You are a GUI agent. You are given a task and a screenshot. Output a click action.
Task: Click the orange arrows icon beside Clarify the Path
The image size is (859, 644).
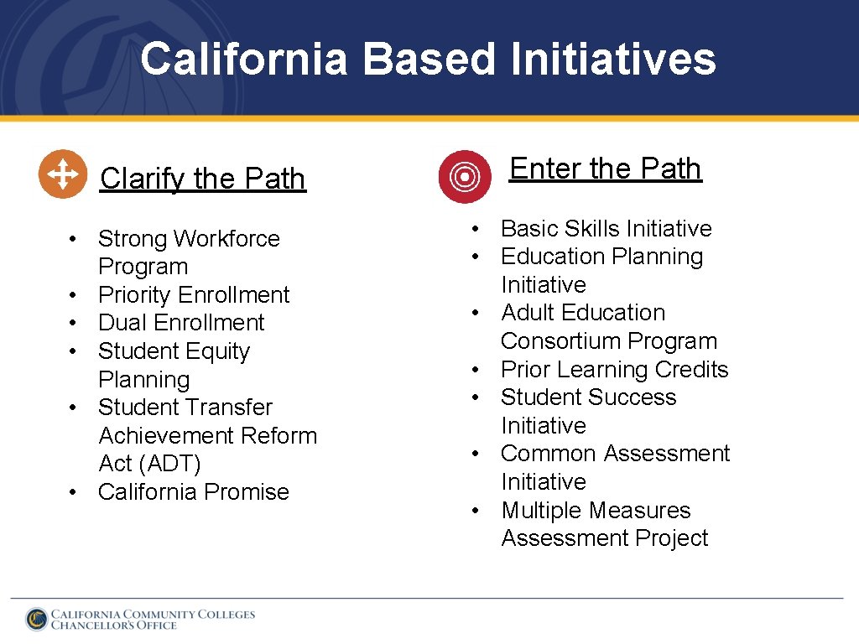coord(63,174)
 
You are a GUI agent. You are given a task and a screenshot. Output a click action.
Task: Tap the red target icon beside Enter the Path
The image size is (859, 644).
coord(465,176)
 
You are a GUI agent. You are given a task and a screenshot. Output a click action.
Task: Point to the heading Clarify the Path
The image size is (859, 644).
coord(202,179)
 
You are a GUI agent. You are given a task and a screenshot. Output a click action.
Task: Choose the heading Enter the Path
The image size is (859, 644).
coord(605,169)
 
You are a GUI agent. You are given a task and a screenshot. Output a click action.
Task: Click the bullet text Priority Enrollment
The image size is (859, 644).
coord(194,295)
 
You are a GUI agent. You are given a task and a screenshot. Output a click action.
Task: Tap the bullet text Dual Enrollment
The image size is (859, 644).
coord(181,323)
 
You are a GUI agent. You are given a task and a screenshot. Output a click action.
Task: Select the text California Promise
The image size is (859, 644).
coord(194,492)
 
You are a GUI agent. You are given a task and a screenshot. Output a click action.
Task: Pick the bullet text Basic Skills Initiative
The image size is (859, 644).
coord(606,229)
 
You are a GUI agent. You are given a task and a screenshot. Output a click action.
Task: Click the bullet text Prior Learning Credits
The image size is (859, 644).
coord(614,370)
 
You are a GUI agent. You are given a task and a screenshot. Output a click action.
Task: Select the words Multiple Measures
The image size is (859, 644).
coord(596,511)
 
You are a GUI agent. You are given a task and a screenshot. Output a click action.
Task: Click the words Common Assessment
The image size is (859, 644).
coord(615,454)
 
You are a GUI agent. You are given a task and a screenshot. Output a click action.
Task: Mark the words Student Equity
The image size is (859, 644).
coord(174,351)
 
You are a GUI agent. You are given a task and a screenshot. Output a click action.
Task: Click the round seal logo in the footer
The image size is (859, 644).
coord(36,619)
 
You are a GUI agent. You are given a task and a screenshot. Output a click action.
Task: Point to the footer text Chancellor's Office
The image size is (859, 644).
coord(114,626)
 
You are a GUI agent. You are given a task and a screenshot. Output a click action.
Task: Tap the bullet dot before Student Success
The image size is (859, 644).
coord(476,397)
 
